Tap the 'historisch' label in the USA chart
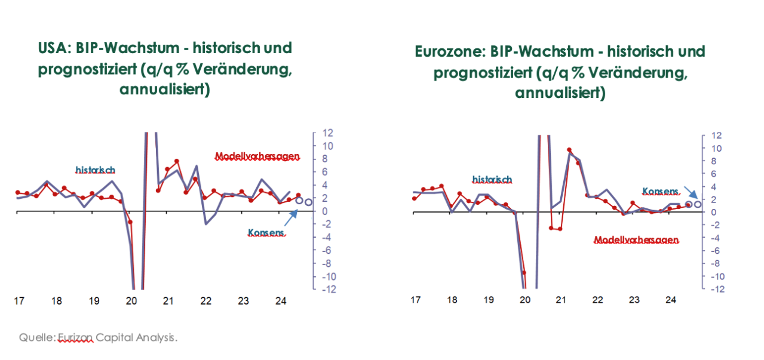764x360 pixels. pos(95,170)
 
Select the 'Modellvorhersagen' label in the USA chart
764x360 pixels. pos(257,156)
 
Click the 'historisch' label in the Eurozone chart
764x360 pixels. pos(492,179)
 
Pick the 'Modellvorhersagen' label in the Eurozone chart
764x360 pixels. pos(636,240)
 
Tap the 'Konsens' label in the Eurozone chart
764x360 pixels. pos(661,192)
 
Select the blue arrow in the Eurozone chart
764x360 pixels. pos(690,192)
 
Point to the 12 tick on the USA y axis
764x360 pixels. pos(328,133)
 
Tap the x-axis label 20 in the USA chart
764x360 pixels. pos(131,301)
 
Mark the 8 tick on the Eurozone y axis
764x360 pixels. pos(716,161)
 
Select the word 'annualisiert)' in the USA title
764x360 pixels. pos(165,90)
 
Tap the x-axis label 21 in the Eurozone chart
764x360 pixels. pos(562,299)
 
